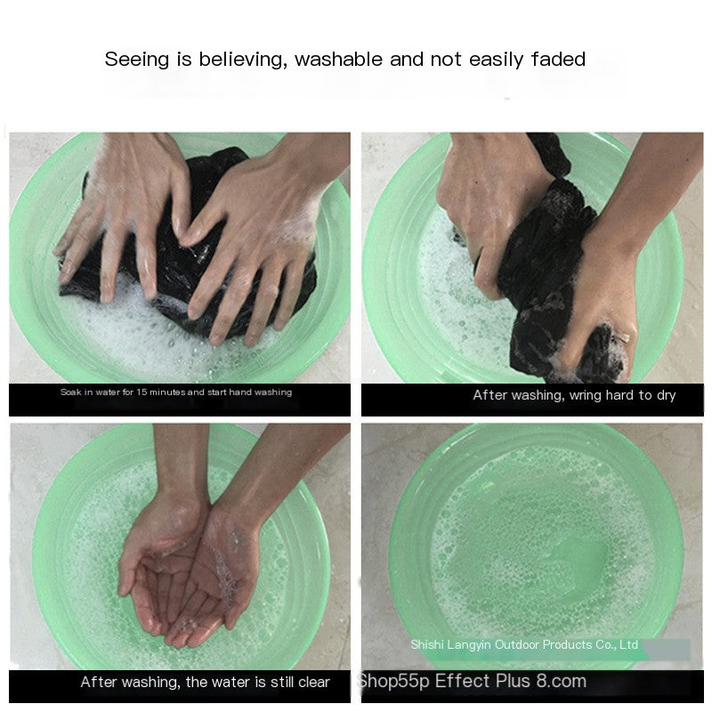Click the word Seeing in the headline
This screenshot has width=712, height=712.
(137, 60)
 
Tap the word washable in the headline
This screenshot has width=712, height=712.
(339, 60)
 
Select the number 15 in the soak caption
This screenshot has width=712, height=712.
(142, 392)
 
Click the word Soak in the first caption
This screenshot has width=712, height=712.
(70, 392)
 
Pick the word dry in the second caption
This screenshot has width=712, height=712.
(666, 395)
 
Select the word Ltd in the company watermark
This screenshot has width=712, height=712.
(629, 644)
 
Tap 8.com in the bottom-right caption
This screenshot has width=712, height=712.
(562, 681)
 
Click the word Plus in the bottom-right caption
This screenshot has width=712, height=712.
(513, 681)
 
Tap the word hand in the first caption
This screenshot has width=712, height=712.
(240, 392)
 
